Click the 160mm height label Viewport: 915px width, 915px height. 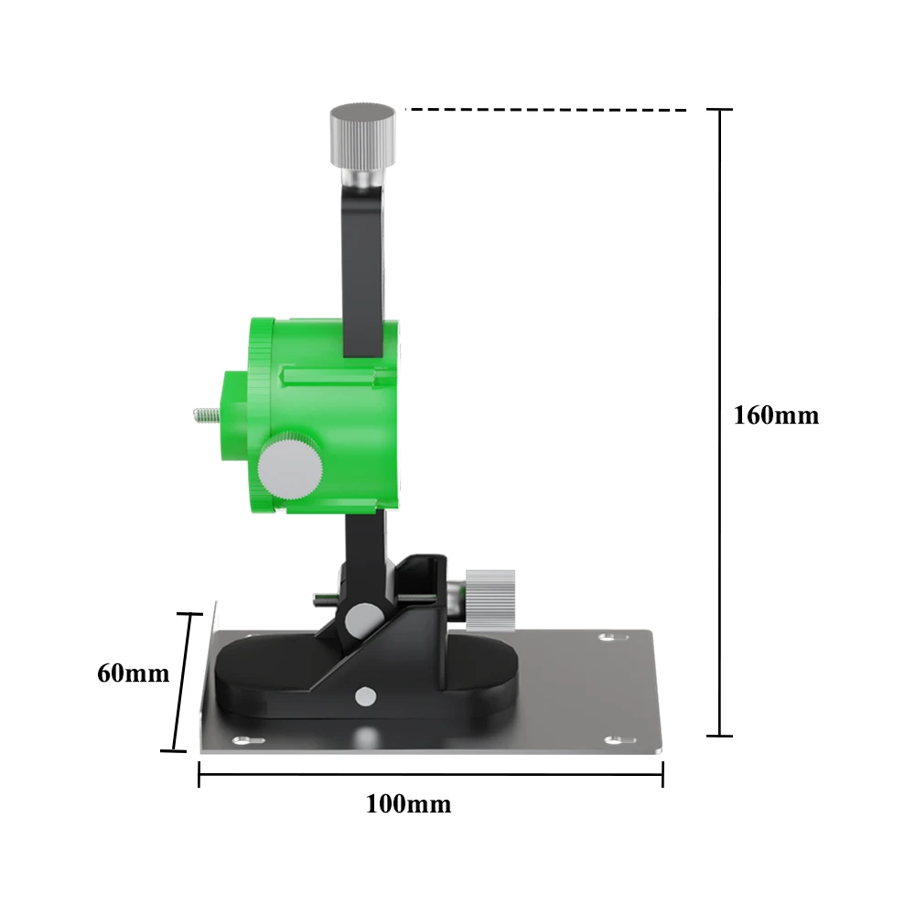click(x=776, y=415)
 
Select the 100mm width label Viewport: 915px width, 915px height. click(x=408, y=804)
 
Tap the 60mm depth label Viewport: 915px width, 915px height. click(x=134, y=673)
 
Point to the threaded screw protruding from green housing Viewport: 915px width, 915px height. click(x=207, y=415)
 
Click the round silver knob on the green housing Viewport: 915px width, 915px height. click(x=290, y=466)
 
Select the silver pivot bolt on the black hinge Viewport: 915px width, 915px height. click(x=364, y=621)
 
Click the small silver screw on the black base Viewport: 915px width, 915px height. click(x=366, y=696)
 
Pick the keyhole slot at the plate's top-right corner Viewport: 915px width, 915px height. click(x=613, y=637)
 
